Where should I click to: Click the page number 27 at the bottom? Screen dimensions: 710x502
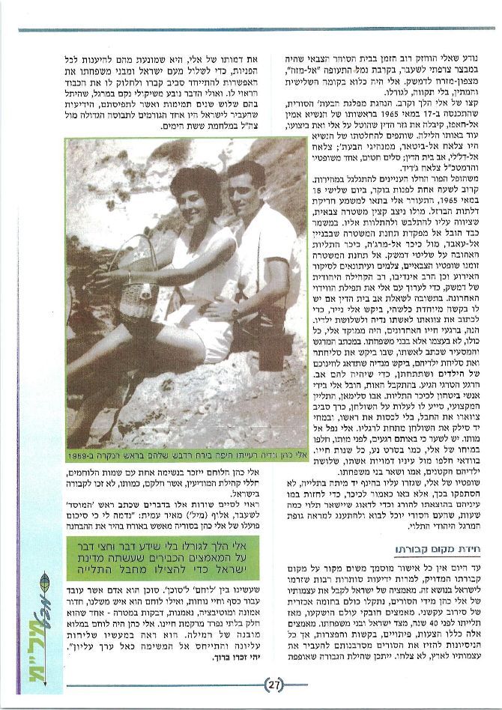[x=273, y=683]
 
